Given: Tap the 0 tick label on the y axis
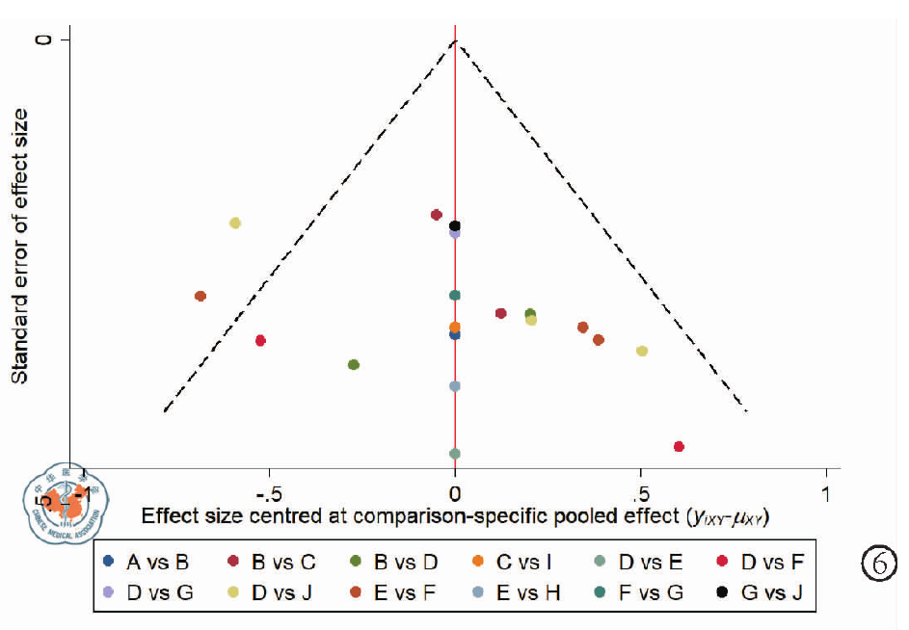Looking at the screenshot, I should point(40,39).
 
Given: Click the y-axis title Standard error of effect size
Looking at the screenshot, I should point(20,246).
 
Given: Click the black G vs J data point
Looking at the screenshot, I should point(455,226).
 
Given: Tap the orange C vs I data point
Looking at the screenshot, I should point(455,328).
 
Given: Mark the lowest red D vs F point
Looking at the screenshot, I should point(680,447).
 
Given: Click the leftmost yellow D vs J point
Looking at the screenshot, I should point(235,223).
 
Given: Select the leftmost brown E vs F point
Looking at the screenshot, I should point(201,296).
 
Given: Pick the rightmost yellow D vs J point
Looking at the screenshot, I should point(642,351).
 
